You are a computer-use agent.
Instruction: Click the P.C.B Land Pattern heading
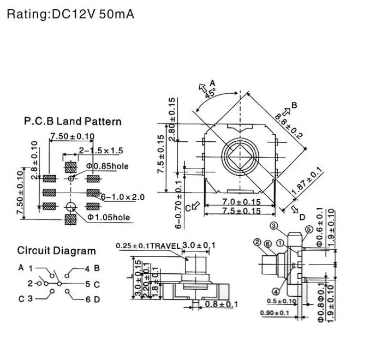click(73, 121)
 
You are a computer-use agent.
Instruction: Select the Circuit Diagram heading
click(56, 251)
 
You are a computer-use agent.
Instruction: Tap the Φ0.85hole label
click(107, 166)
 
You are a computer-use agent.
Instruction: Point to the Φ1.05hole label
click(108, 217)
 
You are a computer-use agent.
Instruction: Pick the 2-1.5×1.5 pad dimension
click(102, 151)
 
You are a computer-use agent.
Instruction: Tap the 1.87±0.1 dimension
click(307, 182)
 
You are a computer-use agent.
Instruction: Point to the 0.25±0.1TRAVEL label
click(148, 245)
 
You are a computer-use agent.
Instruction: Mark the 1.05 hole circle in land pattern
click(70, 206)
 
